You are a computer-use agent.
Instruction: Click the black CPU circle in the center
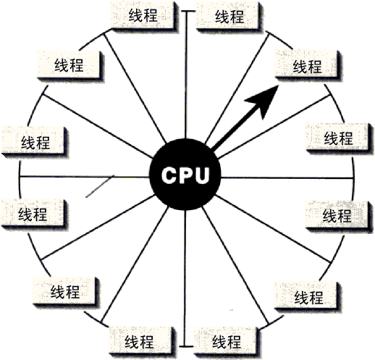[185, 175]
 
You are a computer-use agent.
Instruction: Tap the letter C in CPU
[169, 175]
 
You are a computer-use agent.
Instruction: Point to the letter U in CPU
[201, 175]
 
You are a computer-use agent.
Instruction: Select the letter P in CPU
[185, 175]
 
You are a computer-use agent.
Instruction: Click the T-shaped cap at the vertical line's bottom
[185, 346]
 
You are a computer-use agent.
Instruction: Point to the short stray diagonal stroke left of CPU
[100, 186]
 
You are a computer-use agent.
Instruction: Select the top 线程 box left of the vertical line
[143, 15]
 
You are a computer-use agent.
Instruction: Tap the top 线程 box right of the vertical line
[229, 16]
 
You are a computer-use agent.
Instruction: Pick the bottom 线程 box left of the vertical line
[141, 341]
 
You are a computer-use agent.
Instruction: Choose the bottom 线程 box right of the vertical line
[226, 342]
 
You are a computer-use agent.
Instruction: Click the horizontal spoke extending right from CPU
[287, 178]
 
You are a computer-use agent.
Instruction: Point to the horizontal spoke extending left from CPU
[85, 177]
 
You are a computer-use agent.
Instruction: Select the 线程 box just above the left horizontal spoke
[34, 141]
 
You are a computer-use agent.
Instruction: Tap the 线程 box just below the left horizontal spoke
[33, 213]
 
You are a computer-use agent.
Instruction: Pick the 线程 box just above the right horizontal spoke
[337, 138]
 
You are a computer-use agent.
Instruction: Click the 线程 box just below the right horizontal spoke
[337, 215]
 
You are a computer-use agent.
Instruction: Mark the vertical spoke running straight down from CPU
[185, 278]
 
